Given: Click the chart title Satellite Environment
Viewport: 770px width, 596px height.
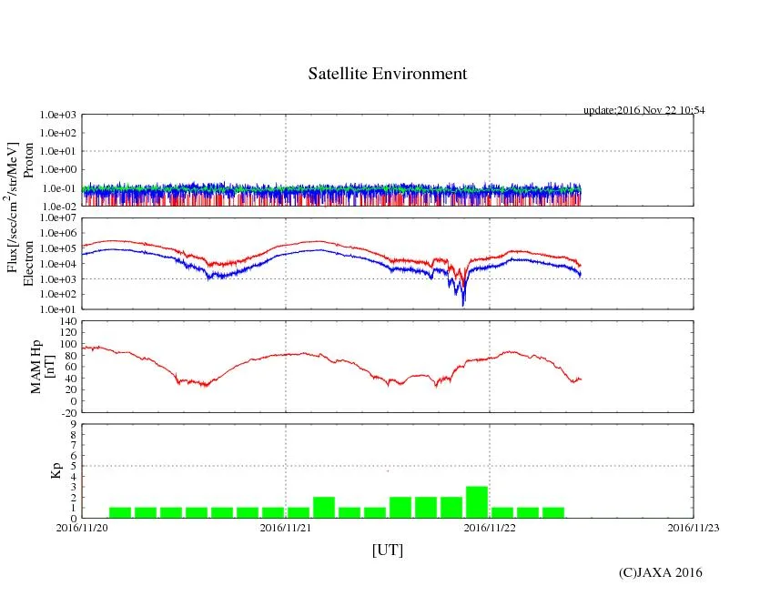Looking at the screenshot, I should pyautogui.click(x=387, y=74).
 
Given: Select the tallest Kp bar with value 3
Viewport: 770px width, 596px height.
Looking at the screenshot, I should pyautogui.click(x=477, y=502).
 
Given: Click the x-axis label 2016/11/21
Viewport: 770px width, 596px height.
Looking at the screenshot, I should pyautogui.click(x=286, y=527).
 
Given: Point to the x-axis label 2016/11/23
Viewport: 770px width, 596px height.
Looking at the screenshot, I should pyautogui.click(x=694, y=527).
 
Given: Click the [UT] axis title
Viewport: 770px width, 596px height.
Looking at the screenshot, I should pyautogui.click(x=387, y=550).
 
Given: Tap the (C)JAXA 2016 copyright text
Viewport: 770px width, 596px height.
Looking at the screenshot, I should pyautogui.click(x=660, y=572).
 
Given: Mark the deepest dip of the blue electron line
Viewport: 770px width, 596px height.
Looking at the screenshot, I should pyautogui.click(x=463, y=304).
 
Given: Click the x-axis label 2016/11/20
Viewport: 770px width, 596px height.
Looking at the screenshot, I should pyautogui.click(x=82, y=527).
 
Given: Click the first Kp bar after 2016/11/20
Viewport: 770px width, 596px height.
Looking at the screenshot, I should pyautogui.click(x=120, y=512).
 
